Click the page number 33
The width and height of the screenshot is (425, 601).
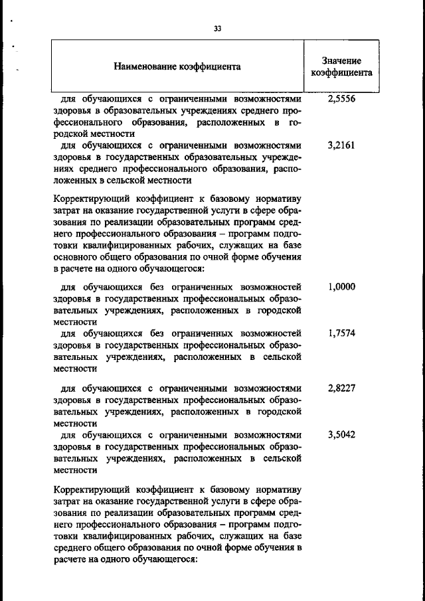(217, 29)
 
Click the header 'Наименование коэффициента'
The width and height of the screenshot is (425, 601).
(177, 66)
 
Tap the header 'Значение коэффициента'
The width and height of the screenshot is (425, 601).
(342, 66)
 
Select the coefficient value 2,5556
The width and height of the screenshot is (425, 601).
(342, 98)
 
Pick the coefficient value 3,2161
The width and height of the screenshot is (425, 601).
(342, 145)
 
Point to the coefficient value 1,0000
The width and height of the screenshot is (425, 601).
(342, 287)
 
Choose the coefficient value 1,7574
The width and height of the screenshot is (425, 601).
(342, 333)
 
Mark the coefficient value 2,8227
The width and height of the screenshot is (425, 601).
(342, 388)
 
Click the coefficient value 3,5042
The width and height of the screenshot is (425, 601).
(342, 435)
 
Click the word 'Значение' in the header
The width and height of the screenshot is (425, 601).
(342, 60)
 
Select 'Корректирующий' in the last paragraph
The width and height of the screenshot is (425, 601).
(86, 491)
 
